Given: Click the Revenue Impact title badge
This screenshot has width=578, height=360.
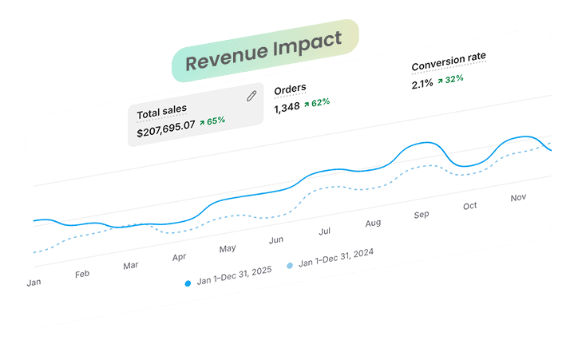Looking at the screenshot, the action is [265, 50].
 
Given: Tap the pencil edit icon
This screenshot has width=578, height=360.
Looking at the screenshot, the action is [251, 96].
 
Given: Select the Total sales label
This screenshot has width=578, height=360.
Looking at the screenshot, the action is [162, 112].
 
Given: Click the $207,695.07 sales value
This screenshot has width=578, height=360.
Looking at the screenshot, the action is [165, 129].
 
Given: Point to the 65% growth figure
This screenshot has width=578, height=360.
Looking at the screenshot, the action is [212, 121].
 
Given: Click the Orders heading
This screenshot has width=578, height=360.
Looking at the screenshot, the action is [290, 89].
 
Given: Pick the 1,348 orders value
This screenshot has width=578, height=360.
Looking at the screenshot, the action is [287, 108].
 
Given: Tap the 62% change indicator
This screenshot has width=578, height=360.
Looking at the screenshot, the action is [317, 103].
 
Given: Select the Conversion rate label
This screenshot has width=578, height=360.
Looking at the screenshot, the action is [449, 61].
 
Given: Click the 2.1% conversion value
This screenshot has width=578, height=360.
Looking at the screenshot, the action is [422, 84].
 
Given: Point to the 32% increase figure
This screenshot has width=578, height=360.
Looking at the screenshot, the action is [450, 80].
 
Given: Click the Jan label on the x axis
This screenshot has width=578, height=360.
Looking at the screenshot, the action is [34, 283].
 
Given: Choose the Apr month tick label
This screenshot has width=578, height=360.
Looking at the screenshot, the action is [179, 257].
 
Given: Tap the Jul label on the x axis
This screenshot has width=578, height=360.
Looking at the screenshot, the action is [324, 231].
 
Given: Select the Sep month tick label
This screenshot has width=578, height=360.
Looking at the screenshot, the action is [422, 215].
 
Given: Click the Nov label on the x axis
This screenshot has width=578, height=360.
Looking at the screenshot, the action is [518, 198].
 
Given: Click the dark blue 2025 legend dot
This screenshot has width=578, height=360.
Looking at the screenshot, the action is [188, 283].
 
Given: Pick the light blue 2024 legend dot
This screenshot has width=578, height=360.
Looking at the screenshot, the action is [290, 265].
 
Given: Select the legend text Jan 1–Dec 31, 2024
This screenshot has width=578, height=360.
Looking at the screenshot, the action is [336, 257].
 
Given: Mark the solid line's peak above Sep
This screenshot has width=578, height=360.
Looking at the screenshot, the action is [427, 142].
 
